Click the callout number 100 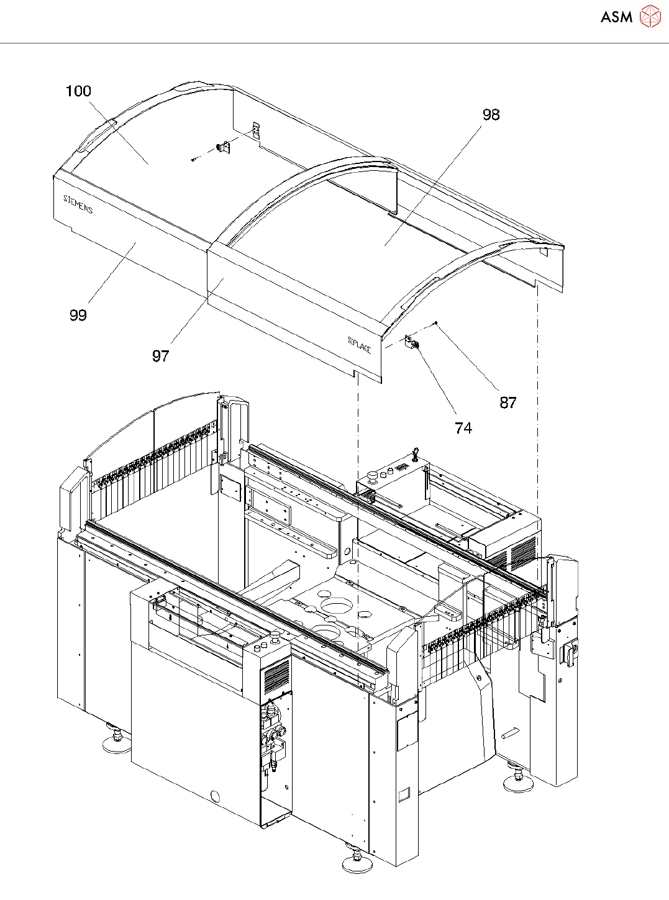tap(78, 91)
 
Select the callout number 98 tap(491, 115)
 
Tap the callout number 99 tap(78, 316)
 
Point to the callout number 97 tap(160, 356)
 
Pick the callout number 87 tap(507, 403)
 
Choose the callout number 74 tap(463, 429)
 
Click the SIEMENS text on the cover tap(78, 204)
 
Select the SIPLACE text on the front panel tap(359, 345)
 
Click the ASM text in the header tap(616, 17)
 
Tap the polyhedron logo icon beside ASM tap(650, 16)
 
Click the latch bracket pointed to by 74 tap(412, 342)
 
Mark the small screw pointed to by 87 tap(437, 322)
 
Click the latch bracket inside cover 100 tap(223, 148)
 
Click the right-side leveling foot tap(517, 780)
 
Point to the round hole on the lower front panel tap(215, 796)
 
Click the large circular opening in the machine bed tap(335, 607)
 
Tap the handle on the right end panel tap(569, 653)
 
